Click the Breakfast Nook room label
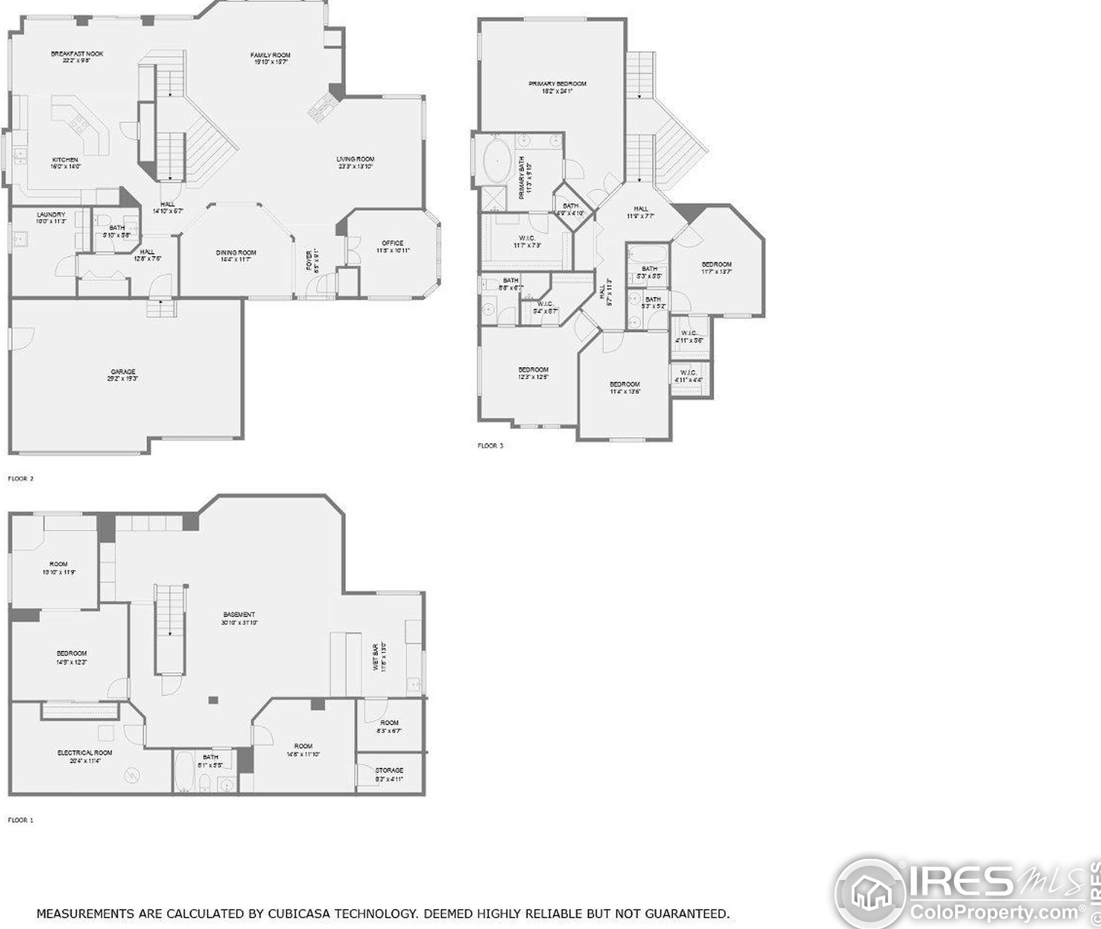77,54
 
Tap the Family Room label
270,55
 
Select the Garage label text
123,372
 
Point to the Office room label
393,243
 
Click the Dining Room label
236,252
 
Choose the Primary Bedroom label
557,84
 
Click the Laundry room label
51,215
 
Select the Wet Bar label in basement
376,656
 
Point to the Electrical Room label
84,753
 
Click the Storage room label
389,770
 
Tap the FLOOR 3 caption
490,446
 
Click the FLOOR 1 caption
21,820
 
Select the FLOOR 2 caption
21,478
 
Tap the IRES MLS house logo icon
870,892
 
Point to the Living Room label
355,159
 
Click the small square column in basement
213,700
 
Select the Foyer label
309,260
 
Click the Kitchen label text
65,160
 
